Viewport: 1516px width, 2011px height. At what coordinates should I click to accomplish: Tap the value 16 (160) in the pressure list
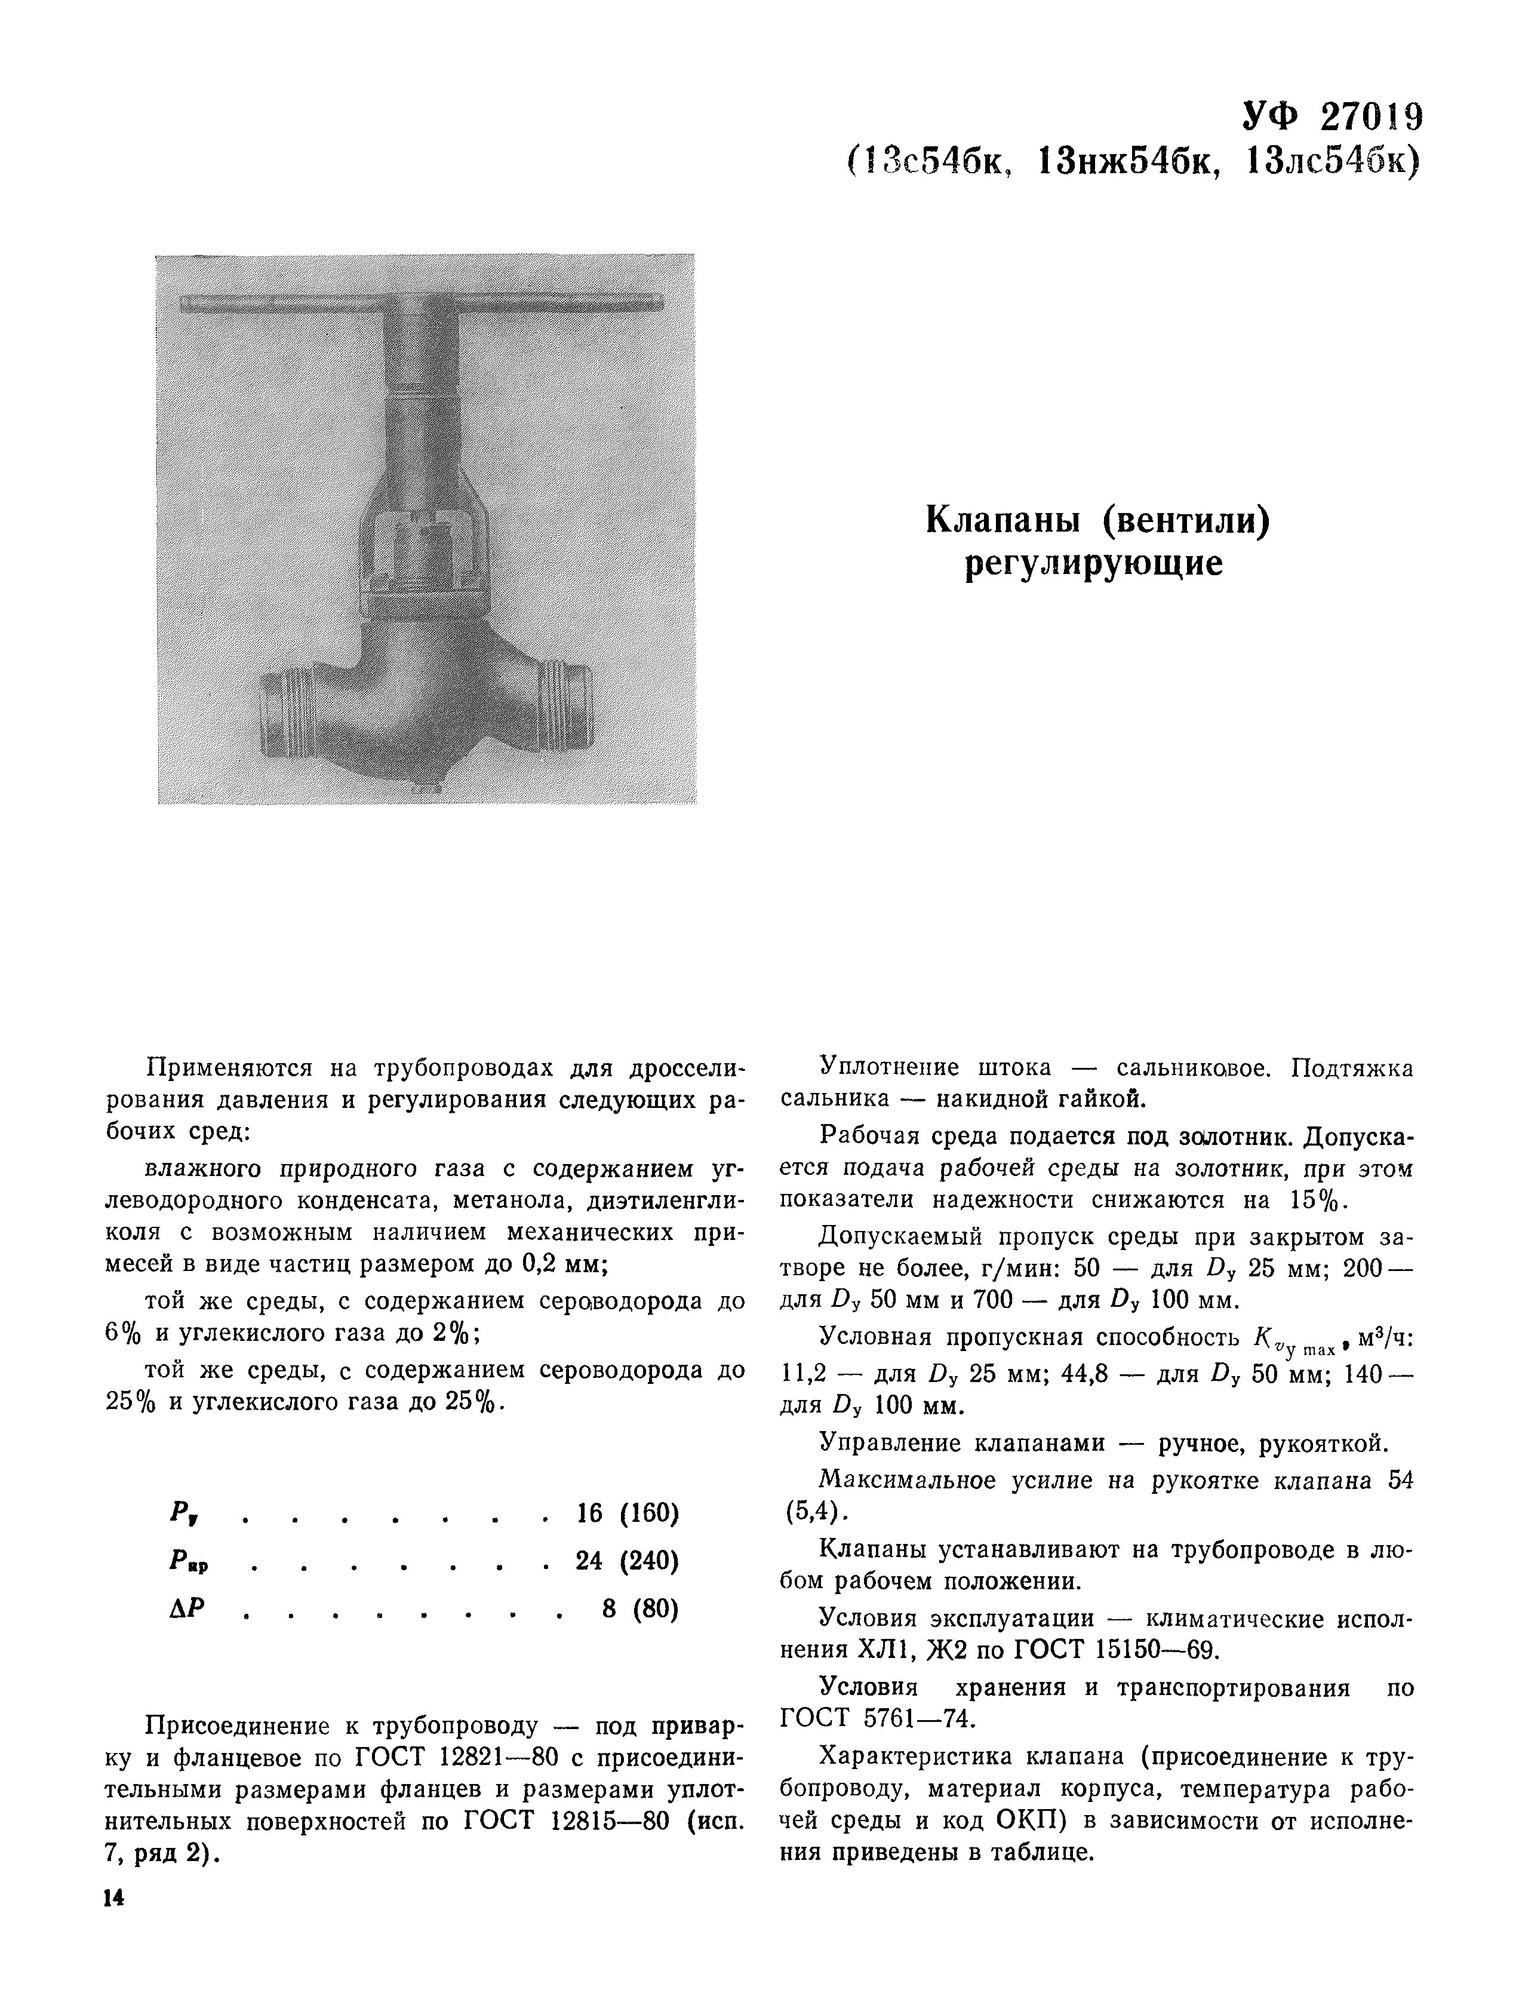(627, 1513)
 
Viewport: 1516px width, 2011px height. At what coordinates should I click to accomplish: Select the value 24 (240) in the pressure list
(627, 1561)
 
